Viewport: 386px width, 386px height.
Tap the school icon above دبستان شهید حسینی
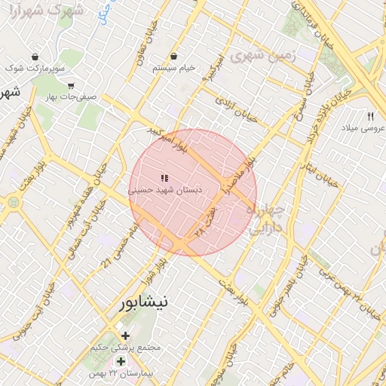point(164,179)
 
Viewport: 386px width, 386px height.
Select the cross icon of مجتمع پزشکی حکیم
point(125,335)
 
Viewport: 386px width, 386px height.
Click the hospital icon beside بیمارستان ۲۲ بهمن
point(121,363)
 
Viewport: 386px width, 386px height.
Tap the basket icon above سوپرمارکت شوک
point(35,57)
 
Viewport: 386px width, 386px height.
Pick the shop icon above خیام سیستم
point(174,56)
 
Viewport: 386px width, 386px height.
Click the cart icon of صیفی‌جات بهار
point(71,86)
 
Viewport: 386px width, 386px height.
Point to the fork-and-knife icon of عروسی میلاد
point(370,116)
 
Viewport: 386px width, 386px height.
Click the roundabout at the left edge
point(13,201)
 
